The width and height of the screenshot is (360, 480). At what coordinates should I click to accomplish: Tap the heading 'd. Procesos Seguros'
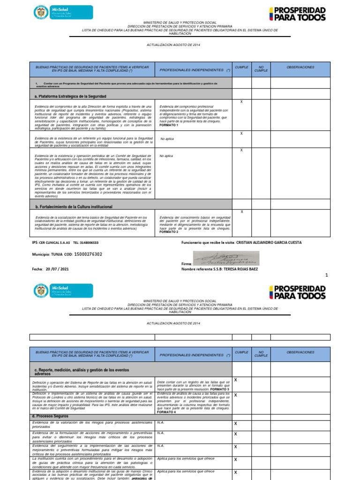click(51, 416)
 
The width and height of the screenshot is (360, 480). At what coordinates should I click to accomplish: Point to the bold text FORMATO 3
click(219, 390)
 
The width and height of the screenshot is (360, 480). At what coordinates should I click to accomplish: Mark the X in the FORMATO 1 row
click(241, 102)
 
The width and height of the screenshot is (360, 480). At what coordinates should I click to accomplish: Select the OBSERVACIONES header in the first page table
click(300, 67)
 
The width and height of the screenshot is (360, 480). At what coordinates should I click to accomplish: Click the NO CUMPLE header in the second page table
click(261, 354)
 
